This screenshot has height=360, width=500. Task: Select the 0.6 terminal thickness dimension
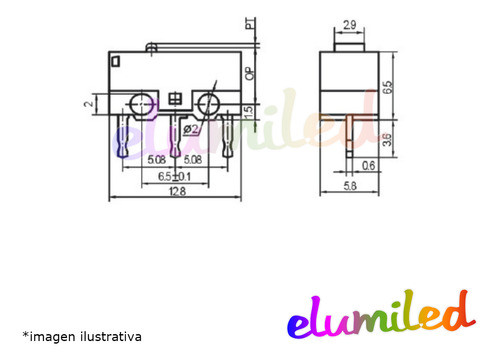[x=369, y=167]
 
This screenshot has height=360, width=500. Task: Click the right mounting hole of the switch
[x=210, y=102]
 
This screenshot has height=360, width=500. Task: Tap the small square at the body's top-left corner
[x=118, y=62]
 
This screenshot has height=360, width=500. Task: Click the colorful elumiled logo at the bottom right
[x=378, y=314]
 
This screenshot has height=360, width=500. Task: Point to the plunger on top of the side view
[x=350, y=44]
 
